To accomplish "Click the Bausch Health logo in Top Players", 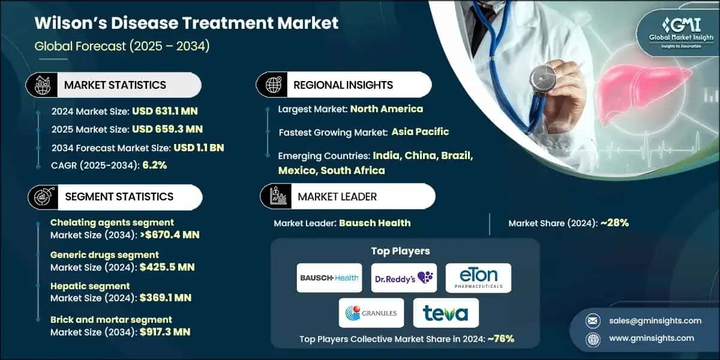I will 329,278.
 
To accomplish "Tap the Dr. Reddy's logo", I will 403,278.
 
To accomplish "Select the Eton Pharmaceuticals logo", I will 478,278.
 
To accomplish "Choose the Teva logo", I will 446,313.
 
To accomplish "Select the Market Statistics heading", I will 115,85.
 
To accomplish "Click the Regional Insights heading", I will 343,85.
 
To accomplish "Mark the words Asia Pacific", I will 420,131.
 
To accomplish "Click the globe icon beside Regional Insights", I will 274,85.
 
